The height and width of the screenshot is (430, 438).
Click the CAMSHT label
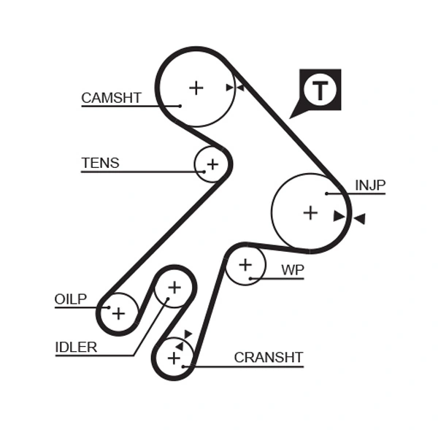click(111, 98)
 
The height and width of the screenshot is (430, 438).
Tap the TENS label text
click(100, 164)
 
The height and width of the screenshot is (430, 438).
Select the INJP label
click(369, 185)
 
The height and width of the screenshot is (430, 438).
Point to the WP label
click(292, 270)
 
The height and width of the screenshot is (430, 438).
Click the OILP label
click(70, 299)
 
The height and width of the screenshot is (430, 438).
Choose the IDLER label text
click(76, 348)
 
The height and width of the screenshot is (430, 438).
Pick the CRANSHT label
click(268, 358)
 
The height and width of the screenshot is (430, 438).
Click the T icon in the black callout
click(320, 90)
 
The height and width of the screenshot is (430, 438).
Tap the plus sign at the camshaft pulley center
click(196, 88)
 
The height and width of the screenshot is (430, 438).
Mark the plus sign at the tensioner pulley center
click(212, 164)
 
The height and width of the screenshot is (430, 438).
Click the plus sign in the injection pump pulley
click(310, 212)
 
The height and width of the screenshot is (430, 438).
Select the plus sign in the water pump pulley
click(245, 264)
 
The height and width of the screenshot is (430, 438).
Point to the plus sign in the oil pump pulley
click(118, 313)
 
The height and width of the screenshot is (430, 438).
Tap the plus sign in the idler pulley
click(174, 287)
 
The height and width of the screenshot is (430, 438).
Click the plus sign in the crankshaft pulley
click(174, 358)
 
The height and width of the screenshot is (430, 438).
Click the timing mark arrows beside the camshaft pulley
click(234, 88)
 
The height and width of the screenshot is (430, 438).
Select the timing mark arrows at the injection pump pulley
click(349, 217)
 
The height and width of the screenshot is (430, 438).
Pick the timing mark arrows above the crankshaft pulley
click(183, 339)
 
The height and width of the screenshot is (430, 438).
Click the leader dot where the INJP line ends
click(328, 193)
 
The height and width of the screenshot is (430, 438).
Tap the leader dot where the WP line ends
click(250, 278)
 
